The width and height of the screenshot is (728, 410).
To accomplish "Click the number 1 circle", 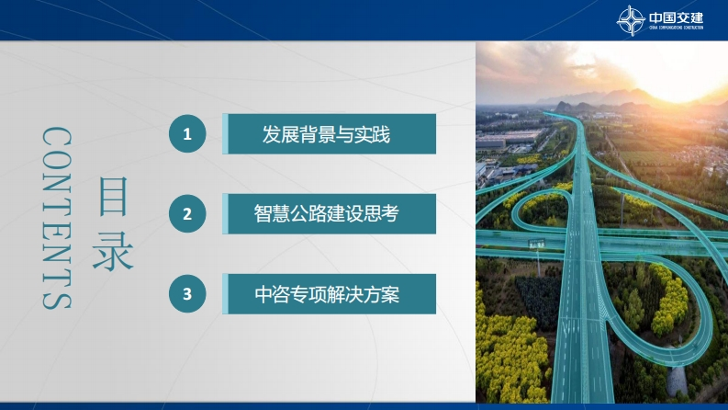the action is (187, 134).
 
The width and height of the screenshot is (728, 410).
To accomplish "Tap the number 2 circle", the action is (187, 214).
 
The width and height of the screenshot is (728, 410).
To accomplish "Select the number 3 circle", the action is (187, 294).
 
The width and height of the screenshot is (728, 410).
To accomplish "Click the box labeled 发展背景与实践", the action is (330, 134).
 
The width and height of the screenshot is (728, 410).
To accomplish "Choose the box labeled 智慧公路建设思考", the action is (330, 214).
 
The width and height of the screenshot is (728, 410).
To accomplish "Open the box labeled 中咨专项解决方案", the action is (330, 294).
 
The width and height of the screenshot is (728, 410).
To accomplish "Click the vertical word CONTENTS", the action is (57, 218).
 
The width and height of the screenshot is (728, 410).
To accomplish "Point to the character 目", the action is (113, 196).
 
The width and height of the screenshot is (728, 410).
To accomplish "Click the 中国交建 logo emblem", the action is (630, 20).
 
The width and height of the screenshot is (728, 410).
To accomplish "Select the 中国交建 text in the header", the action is (676, 17).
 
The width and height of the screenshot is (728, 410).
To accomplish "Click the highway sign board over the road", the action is (536, 244).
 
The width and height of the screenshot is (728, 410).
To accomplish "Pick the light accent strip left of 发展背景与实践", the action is (225, 134).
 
